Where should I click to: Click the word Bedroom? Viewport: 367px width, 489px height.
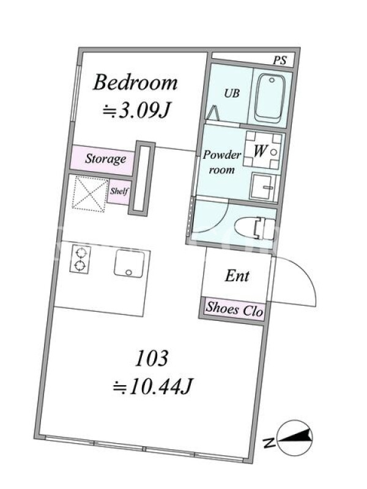coord(135,83)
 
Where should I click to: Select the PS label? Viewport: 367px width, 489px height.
coord(280,60)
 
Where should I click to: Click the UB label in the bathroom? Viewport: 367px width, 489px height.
coord(232,93)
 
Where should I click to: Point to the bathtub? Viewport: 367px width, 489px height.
coord(270,98)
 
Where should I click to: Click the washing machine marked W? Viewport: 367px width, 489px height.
coord(263,152)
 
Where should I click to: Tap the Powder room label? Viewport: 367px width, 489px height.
coord(221,162)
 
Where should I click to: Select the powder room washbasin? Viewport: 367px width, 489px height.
coord(264,187)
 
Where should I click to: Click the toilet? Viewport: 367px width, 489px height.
coord(255,228)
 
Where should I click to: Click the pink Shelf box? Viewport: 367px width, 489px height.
coord(119,191)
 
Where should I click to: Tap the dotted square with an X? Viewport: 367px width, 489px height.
coord(90,194)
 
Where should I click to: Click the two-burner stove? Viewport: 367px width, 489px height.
coord(81,259)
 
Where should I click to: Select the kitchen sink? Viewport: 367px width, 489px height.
coord(130,263)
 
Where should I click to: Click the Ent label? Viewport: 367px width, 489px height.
coord(237,276)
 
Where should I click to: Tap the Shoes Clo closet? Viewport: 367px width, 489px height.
coord(234,309)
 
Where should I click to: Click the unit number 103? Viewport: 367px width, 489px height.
coord(152,358)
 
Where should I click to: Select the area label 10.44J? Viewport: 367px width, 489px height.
coord(153,386)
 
